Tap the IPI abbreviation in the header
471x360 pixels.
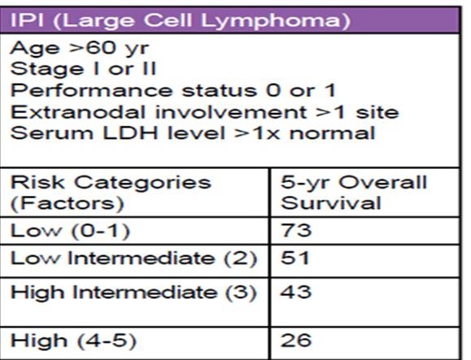pyautogui.click(x=28, y=20)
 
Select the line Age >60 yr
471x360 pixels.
pyautogui.click(x=80, y=48)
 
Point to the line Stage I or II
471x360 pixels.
pyautogui.click(x=83, y=69)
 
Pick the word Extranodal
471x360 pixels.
pyautogui.click(x=78, y=112)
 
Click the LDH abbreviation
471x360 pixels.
pyautogui.click(x=130, y=133)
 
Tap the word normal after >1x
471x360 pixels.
pyautogui.click(x=332, y=133)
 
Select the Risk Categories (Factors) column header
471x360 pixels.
pyautogui.click(x=111, y=193)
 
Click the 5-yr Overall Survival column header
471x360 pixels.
pyautogui.click(x=354, y=193)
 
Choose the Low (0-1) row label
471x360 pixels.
pyautogui.click(x=70, y=231)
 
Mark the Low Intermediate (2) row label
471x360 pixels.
pyautogui.click(x=133, y=258)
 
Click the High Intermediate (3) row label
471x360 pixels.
pyautogui.click(x=133, y=293)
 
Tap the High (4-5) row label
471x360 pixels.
pyautogui.click(x=73, y=340)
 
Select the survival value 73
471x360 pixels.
pyautogui.click(x=296, y=231)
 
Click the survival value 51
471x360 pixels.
pyautogui.click(x=294, y=258)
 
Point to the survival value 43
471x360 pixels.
pyautogui.click(x=296, y=292)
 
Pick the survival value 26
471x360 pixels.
pyautogui.click(x=296, y=340)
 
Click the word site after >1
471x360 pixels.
pyautogui.click(x=377, y=112)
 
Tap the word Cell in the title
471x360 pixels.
pyautogui.click(x=168, y=20)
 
